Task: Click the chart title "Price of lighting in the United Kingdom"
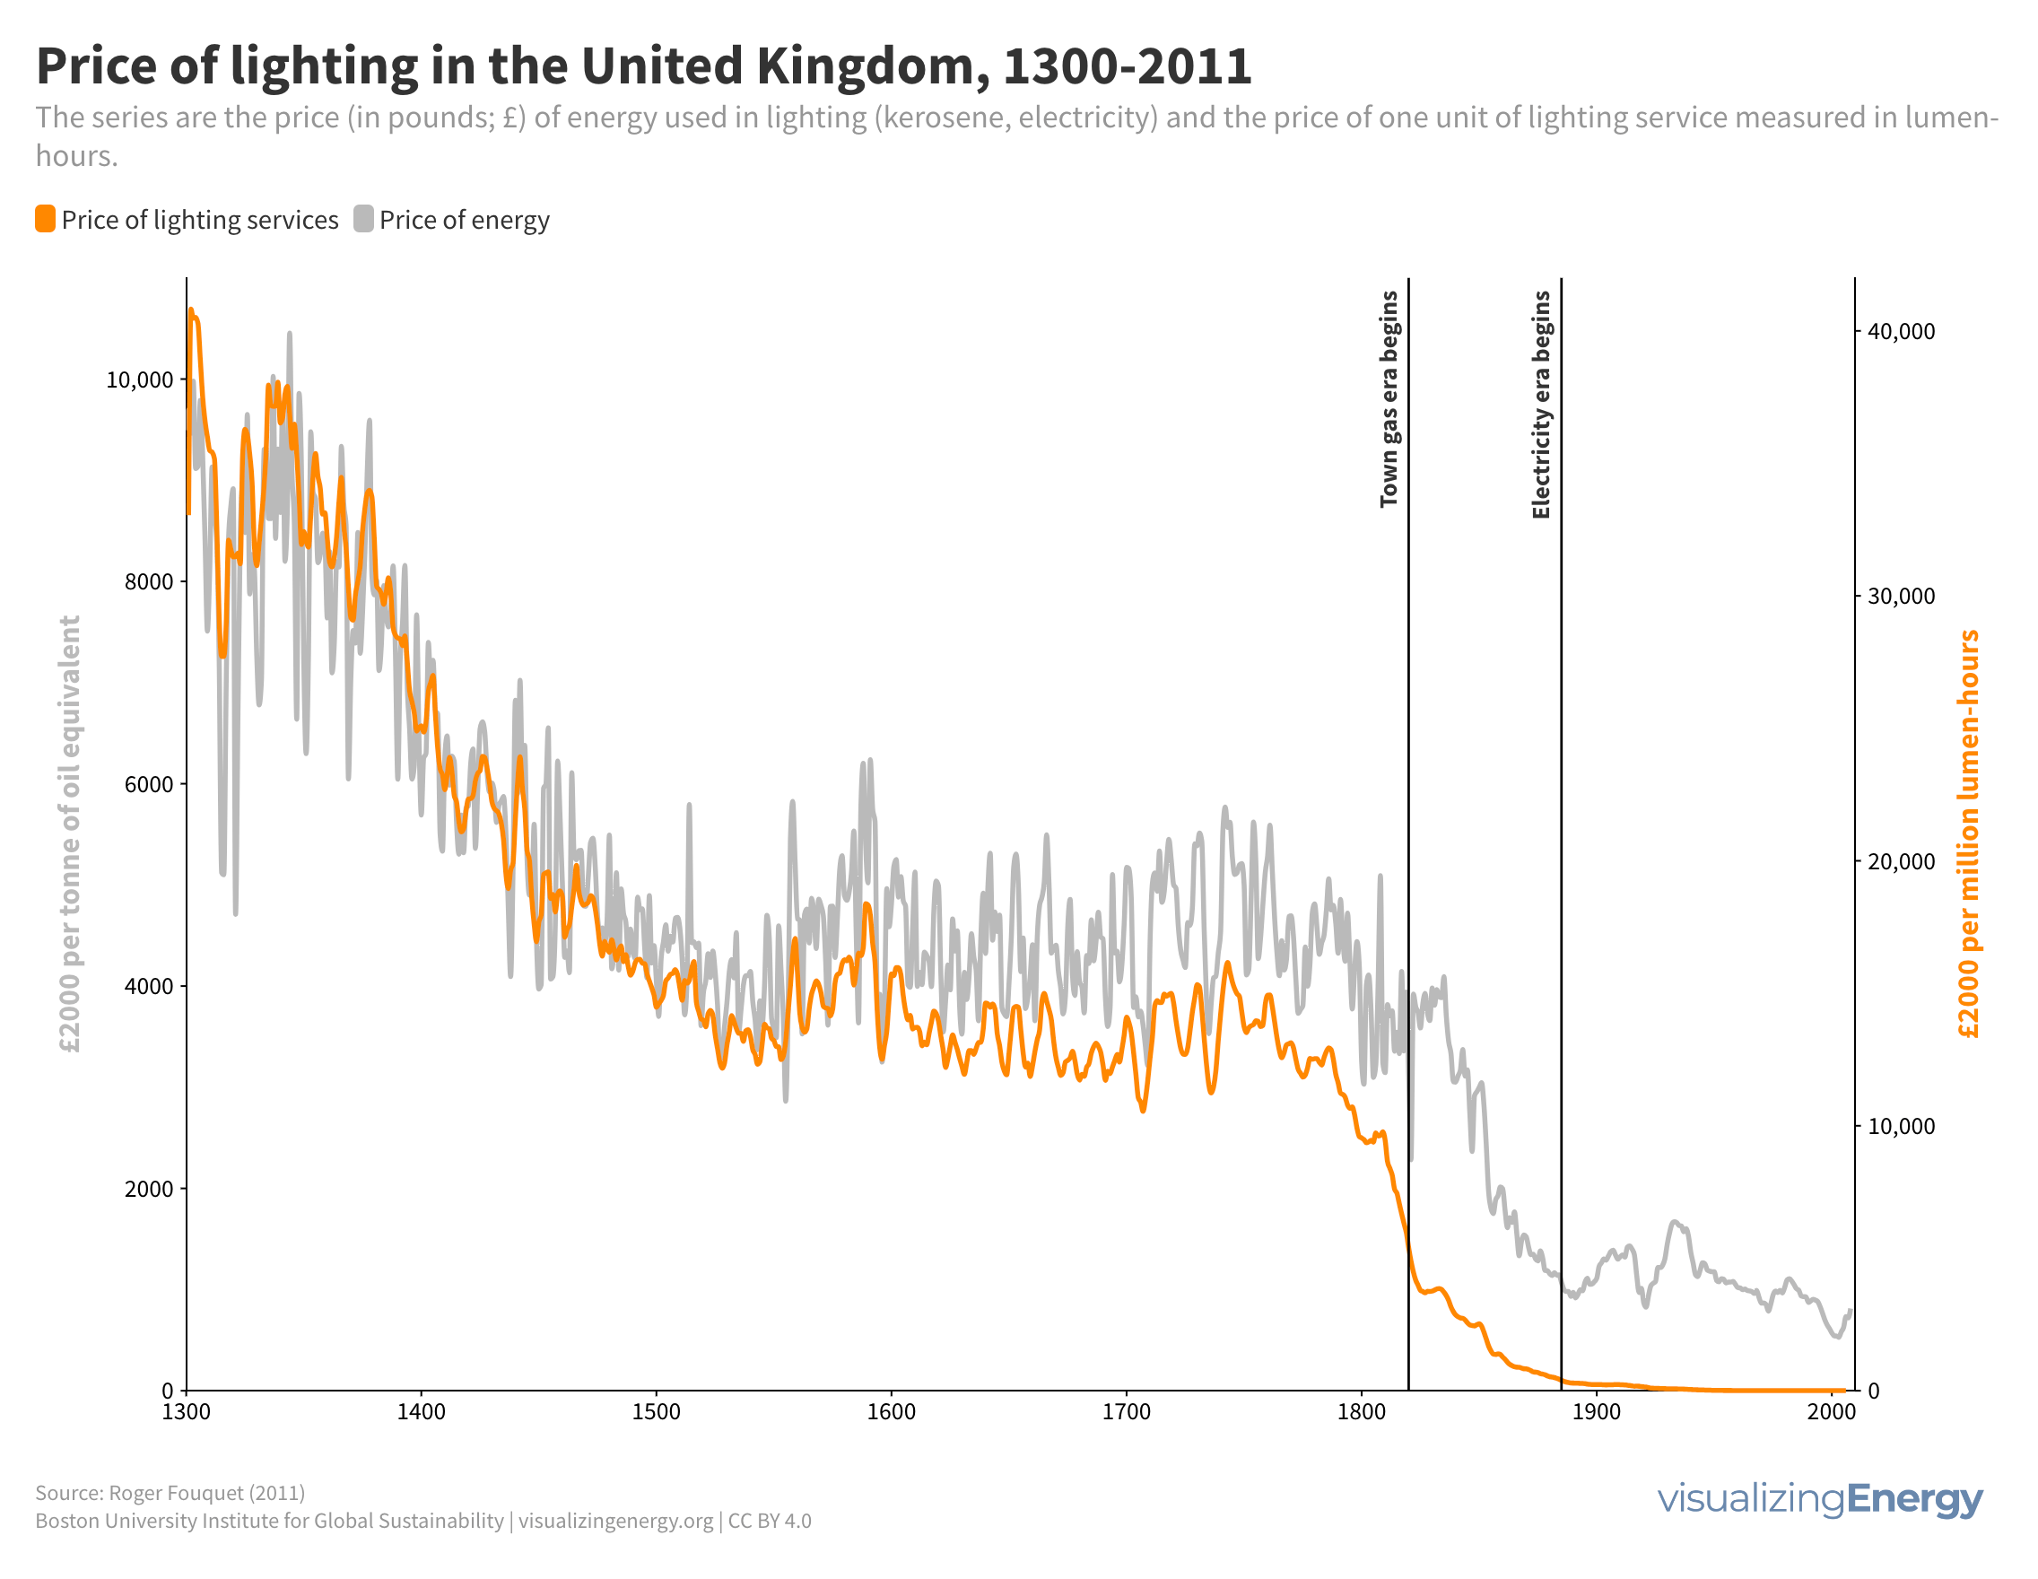pos(643,66)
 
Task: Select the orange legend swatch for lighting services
pos(45,219)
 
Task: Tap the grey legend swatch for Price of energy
pos(364,219)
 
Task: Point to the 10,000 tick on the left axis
pos(140,379)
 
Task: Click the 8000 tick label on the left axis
pos(149,582)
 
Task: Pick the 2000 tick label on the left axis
pos(149,1189)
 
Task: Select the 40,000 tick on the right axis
pos(1901,332)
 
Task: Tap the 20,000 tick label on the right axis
pos(1901,861)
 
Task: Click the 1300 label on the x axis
pos(187,1412)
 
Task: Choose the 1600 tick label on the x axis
pos(891,1412)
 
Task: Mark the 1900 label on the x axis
pos(1597,1412)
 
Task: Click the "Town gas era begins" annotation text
pos(1389,399)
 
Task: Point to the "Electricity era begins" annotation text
pos(1542,405)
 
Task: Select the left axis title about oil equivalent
pos(70,833)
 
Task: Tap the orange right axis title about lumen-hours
pos(1969,833)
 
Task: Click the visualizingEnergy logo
pos(1820,1500)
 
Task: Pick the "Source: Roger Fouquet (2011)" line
pos(170,1493)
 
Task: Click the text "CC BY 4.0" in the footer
pos(770,1522)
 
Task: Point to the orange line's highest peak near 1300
pos(190,310)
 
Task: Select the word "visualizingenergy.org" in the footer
pos(616,1522)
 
